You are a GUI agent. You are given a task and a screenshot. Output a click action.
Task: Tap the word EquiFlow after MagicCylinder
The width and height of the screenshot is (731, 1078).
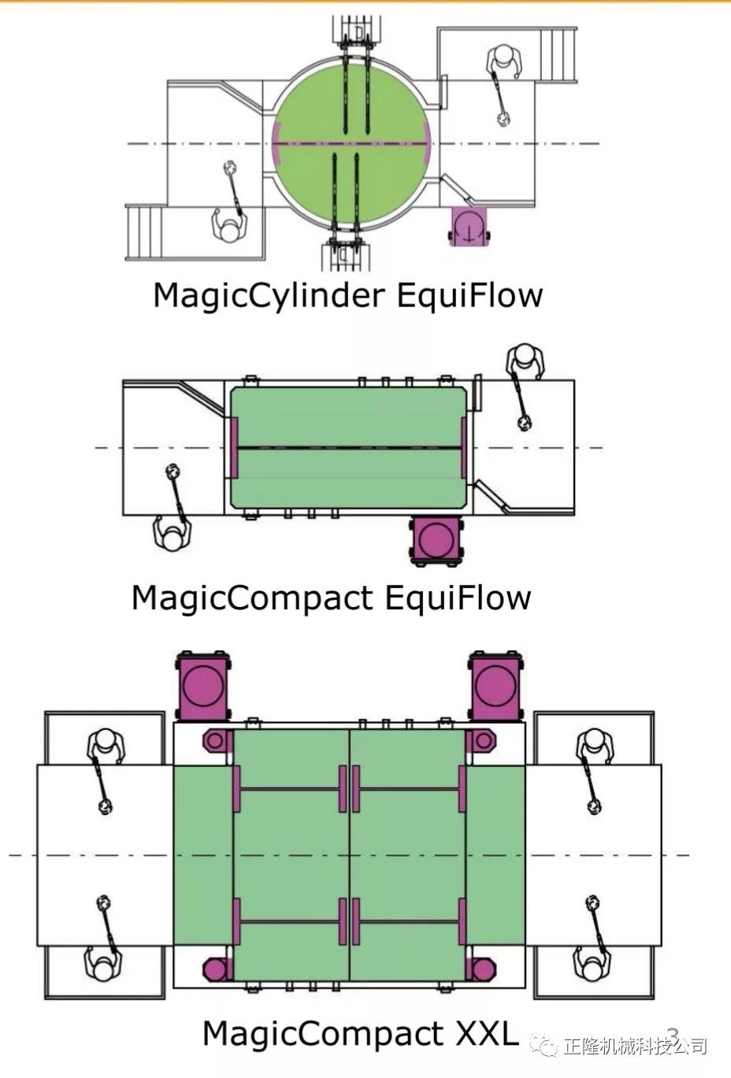pyautogui.click(x=469, y=295)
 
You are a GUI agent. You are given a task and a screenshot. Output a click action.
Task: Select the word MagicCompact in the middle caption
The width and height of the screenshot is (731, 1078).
pyautogui.click(x=250, y=597)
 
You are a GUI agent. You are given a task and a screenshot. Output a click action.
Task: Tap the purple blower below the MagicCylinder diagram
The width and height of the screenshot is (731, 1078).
pyautogui.click(x=468, y=226)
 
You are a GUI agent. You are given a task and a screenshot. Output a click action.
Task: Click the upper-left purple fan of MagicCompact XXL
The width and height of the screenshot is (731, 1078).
pyautogui.click(x=203, y=685)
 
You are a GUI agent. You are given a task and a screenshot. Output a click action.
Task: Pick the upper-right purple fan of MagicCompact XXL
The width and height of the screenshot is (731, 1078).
pyautogui.click(x=496, y=685)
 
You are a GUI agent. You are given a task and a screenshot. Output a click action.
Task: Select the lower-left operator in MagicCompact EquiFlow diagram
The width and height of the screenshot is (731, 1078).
pyautogui.click(x=172, y=533)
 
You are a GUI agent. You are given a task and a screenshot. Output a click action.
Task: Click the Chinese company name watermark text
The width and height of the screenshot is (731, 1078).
pyautogui.click(x=633, y=1046)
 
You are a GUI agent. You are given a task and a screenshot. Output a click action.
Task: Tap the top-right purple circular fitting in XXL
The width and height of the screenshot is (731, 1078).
pyautogui.click(x=481, y=740)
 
